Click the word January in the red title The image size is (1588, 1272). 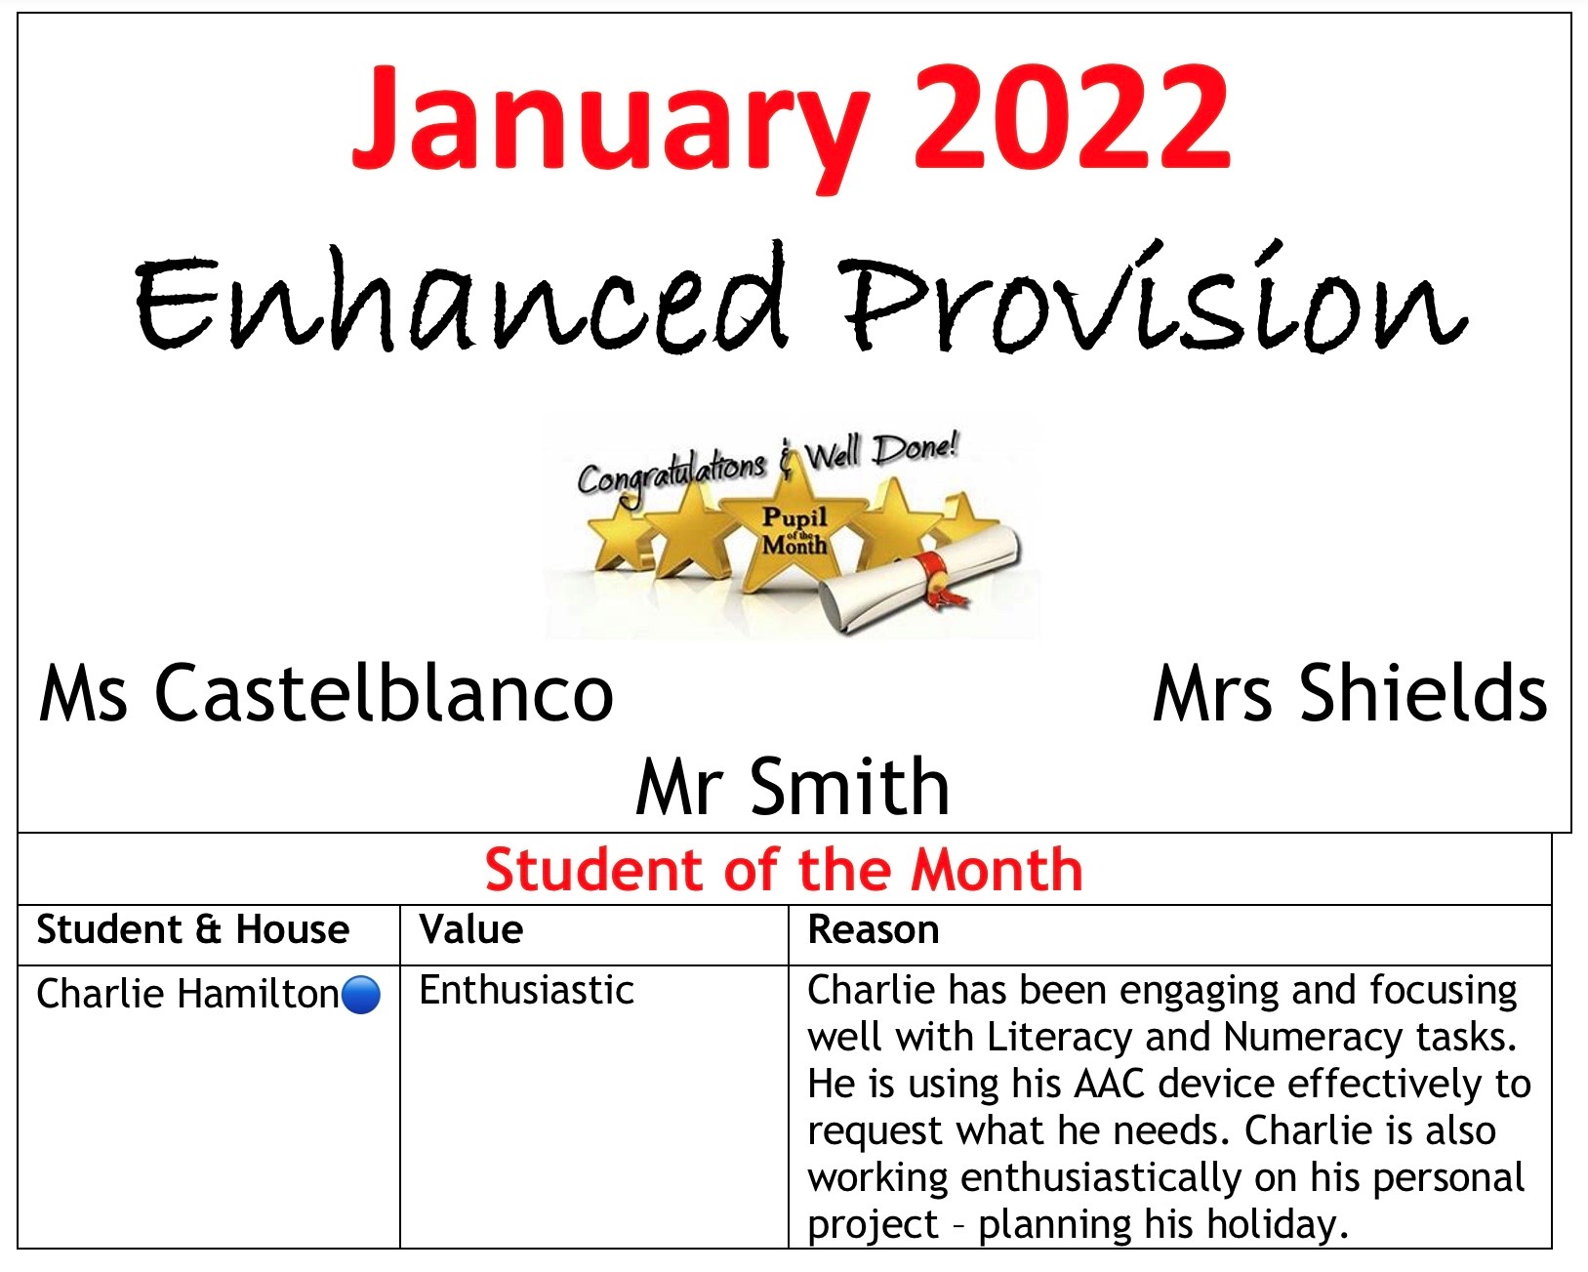(x=611, y=127)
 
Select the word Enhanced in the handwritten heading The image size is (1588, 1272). (x=459, y=299)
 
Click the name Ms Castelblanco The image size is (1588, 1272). (x=326, y=693)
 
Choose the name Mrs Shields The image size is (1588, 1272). (x=1350, y=692)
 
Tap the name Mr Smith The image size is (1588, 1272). (x=793, y=786)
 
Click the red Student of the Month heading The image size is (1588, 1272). (x=784, y=870)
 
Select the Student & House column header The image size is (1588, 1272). (x=192, y=929)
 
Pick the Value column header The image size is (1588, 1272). (x=470, y=929)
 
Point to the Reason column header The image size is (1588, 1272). (x=873, y=929)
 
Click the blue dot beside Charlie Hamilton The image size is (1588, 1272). (x=361, y=995)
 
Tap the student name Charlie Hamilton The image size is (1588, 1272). (x=187, y=994)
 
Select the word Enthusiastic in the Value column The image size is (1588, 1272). (x=527, y=991)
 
